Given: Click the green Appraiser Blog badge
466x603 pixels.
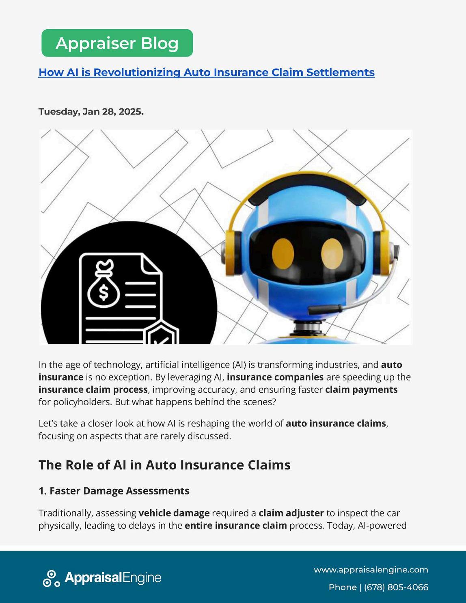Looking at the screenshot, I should click(x=117, y=43).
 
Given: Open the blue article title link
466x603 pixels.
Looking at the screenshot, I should click(x=206, y=72).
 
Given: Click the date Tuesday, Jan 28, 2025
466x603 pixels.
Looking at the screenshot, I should click(x=91, y=111).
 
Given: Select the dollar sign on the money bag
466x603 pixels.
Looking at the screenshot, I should click(x=104, y=292).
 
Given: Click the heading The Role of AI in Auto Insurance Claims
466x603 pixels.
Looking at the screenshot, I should click(x=164, y=465).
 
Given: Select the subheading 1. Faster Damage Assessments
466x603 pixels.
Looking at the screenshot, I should click(x=114, y=491).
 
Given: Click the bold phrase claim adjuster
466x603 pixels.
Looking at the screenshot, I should click(x=291, y=513).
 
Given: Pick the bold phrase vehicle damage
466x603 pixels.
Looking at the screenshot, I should click(x=174, y=513).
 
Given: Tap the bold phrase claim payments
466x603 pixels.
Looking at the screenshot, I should click(x=361, y=389).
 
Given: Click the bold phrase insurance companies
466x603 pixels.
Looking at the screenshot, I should click(x=275, y=377).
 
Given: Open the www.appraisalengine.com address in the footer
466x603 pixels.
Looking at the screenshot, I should click(x=371, y=570).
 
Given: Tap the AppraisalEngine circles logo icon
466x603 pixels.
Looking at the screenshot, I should click(x=51, y=578).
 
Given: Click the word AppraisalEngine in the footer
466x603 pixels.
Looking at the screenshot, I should click(x=113, y=578).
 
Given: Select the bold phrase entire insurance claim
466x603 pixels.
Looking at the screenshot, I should click(x=235, y=525).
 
